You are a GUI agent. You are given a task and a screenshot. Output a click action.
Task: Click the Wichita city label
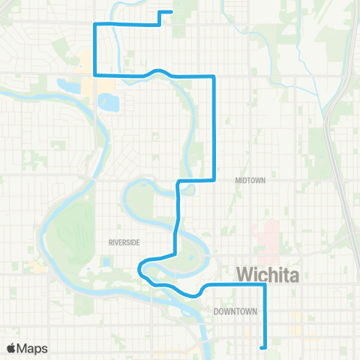[x=268, y=275]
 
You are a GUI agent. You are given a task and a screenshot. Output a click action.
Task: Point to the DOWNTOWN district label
[x=235, y=311]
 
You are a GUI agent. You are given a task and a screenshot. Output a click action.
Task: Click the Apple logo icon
[x=13, y=348]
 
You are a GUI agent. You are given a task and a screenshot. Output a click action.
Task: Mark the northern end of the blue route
[x=172, y=12]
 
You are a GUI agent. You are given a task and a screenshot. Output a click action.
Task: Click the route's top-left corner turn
[x=94, y=24]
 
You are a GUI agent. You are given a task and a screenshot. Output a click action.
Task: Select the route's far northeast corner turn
[x=214, y=76]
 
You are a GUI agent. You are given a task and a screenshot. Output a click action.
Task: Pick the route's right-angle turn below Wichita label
[x=265, y=285]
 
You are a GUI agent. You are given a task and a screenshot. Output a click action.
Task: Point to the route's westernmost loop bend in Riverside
[x=139, y=268]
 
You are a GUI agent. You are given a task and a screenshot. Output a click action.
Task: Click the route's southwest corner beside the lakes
[x=94, y=74]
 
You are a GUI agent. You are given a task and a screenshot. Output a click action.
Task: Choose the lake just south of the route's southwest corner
[x=109, y=99]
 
